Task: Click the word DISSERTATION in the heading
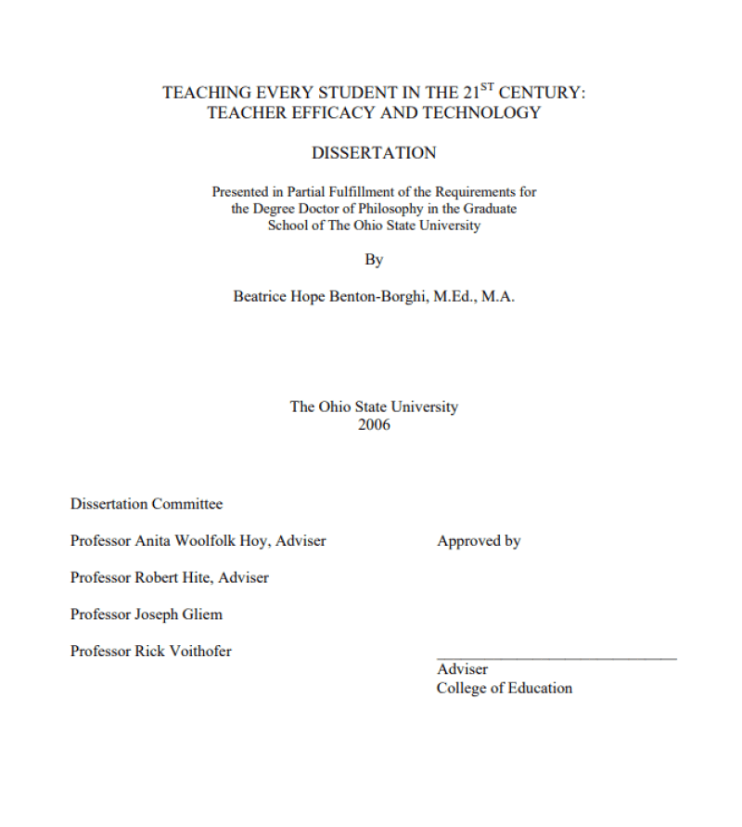click(374, 153)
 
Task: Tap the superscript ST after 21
click(487, 88)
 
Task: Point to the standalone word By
click(374, 260)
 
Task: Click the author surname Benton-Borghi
click(376, 297)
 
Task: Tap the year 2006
click(374, 424)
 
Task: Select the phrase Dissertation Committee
click(147, 504)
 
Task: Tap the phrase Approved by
click(479, 541)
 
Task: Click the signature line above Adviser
click(556, 658)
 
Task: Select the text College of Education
click(505, 688)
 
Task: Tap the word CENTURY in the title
click(540, 94)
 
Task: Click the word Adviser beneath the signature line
click(462, 669)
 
